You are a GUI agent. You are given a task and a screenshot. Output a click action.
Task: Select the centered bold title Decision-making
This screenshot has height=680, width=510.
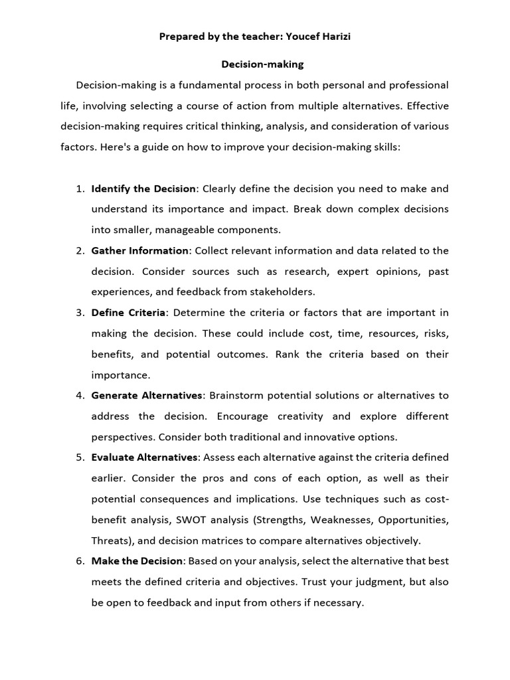(262, 64)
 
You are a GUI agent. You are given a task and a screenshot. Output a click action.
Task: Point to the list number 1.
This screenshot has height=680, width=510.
(79, 189)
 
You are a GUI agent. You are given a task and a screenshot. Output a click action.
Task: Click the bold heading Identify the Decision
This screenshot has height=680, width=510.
(143, 189)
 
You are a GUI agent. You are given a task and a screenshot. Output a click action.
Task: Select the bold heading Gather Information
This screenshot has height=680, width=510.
(140, 250)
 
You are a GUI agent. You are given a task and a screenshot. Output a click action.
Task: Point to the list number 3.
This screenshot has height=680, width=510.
(79, 313)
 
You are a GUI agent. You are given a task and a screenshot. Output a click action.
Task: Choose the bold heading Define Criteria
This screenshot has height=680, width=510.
(128, 313)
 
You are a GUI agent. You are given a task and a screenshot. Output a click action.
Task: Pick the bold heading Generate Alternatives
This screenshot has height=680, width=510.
(147, 395)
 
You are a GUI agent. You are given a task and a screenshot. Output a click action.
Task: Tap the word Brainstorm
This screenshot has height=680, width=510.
(238, 395)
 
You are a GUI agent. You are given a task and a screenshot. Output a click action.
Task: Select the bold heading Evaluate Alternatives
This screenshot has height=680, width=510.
(145, 458)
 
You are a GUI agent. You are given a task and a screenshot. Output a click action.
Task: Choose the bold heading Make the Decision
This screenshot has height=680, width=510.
(137, 561)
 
